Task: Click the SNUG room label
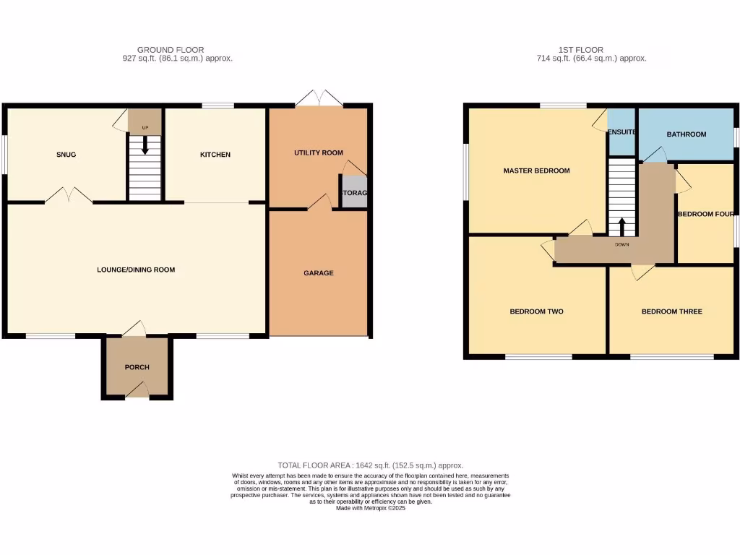[x=66, y=155]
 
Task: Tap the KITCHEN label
[x=215, y=155]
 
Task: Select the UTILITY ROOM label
[x=319, y=153]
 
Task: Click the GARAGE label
[x=319, y=273]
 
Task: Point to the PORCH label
[x=137, y=367]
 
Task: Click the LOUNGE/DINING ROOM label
[x=136, y=270]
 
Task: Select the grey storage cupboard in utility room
[x=354, y=193]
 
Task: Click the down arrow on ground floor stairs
[x=145, y=147]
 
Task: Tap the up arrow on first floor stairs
[x=622, y=225]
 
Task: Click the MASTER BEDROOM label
[x=536, y=171]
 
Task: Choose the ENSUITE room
[x=621, y=133]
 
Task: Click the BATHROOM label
[x=686, y=134]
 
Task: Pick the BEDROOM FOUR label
[x=706, y=214]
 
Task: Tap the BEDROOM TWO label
[x=536, y=312]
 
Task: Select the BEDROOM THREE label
[x=671, y=312]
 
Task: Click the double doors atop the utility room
[x=319, y=99]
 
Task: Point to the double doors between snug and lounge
[x=69, y=195]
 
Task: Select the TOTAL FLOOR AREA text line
[x=370, y=466]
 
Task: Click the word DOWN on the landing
[x=622, y=244]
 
